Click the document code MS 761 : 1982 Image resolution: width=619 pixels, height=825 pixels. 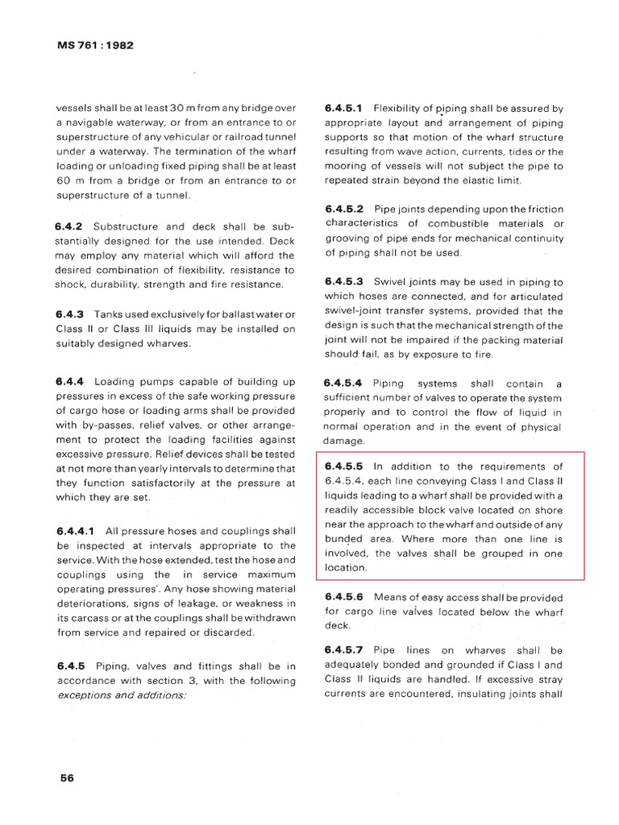pyautogui.click(x=94, y=45)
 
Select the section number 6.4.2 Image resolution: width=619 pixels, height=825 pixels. pyautogui.click(x=71, y=226)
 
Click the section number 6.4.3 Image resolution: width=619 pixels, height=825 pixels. pyautogui.click(x=71, y=313)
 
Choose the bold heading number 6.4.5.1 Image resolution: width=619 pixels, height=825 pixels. pyautogui.click(x=344, y=107)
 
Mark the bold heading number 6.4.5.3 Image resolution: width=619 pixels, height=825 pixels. pyautogui.click(x=344, y=281)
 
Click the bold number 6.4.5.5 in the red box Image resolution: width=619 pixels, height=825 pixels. pyautogui.click(x=344, y=466)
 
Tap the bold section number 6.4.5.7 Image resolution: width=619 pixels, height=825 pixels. pyautogui.click(x=344, y=650)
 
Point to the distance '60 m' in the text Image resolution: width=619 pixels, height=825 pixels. pyautogui.click(x=69, y=180)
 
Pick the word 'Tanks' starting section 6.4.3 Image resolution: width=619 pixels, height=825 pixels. pyautogui.click(x=110, y=313)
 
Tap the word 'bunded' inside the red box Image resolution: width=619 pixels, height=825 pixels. pyautogui.click(x=343, y=538)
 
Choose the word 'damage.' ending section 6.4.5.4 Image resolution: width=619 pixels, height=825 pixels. pyautogui.click(x=344, y=442)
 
